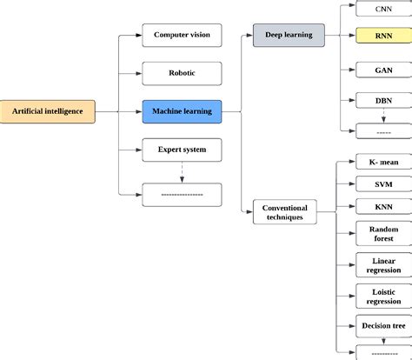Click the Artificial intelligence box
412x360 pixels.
pyautogui.click(x=47, y=110)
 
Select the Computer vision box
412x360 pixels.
pyautogui.click(x=182, y=36)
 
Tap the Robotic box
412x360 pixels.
pyautogui.click(x=182, y=73)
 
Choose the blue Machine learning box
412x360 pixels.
pyautogui.click(x=182, y=110)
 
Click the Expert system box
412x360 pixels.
pyautogui.click(x=182, y=150)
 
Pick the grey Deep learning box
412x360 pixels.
pyautogui.click(x=288, y=36)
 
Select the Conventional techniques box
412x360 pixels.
pyautogui.click(x=285, y=211)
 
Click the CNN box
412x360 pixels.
pyautogui.click(x=383, y=9)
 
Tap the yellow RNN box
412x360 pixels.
pyautogui.click(x=383, y=37)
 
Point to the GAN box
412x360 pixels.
pyautogui.click(x=383, y=70)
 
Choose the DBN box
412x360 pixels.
pyautogui.click(x=383, y=100)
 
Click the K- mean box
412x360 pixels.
pyautogui.click(x=383, y=162)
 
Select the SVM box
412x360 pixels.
pyautogui.click(x=383, y=184)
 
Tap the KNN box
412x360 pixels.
pyautogui.click(x=383, y=208)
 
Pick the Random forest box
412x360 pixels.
pyautogui.click(x=383, y=234)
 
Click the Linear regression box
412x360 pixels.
pyautogui.click(x=383, y=264)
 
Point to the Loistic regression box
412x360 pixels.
pyautogui.click(x=383, y=295)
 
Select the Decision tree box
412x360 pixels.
pyautogui.click(x=383, y=326)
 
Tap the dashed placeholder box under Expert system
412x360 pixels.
pyautogui.click(x=182, y=195)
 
